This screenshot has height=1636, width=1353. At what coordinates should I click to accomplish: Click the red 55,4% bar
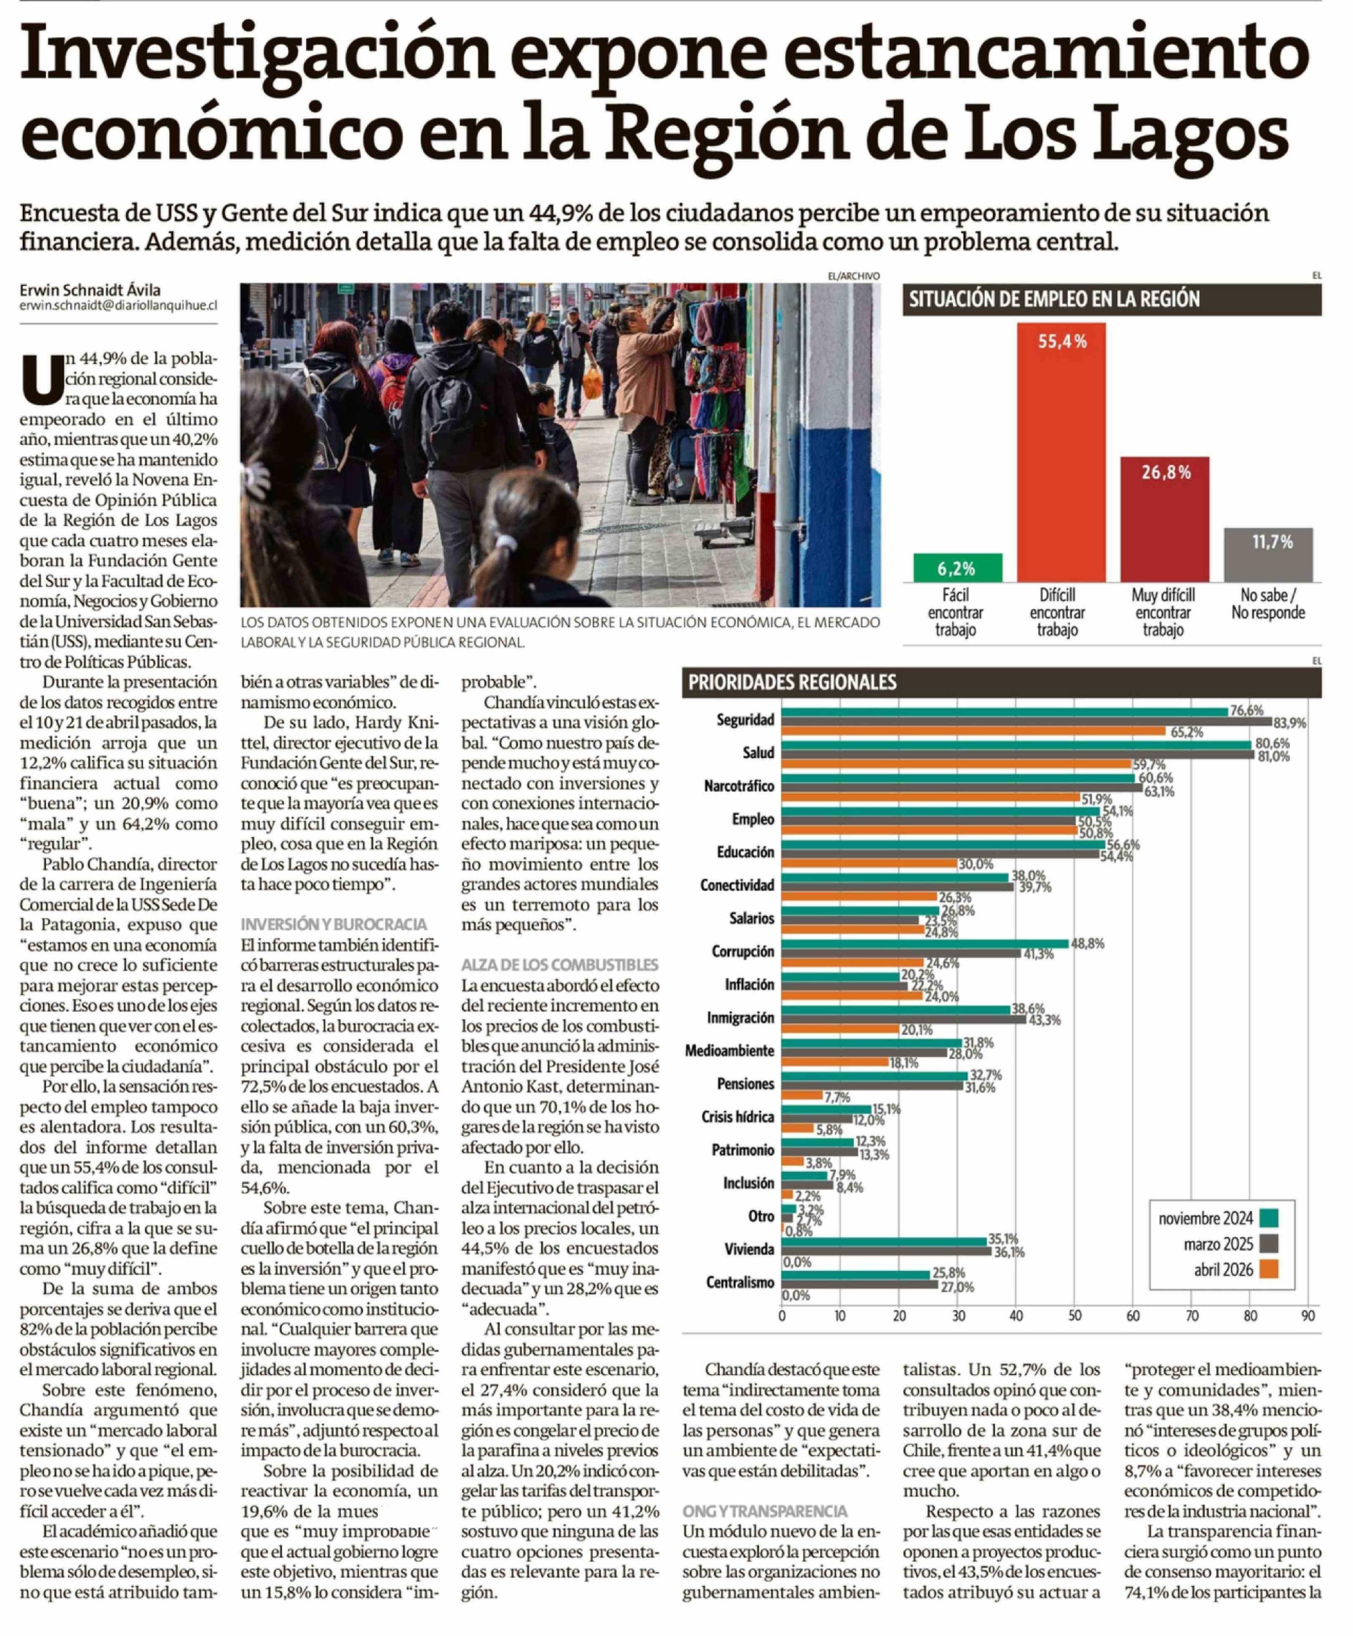(1060, 452)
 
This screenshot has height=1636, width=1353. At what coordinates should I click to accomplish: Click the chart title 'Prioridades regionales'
(791, 682)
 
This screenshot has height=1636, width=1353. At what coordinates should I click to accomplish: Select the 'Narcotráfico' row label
(738, 785)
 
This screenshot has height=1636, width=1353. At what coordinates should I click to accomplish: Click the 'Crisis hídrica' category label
(737, 1116)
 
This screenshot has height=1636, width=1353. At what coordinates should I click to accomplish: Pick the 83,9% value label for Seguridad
(1289, 723)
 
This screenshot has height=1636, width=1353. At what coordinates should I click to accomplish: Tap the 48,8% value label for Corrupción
(1088, 943)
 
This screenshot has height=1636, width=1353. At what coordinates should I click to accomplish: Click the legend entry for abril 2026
(1224, 1270)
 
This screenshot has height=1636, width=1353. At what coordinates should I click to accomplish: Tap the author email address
(119, 306)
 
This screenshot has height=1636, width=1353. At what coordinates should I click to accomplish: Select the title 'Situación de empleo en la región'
(1054, 299)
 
